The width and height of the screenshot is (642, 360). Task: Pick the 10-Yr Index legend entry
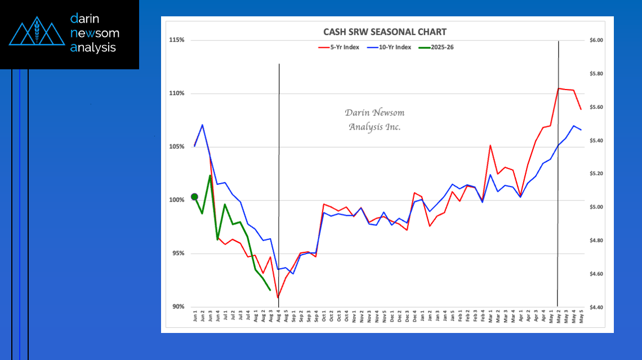pyautogui.click(x=393, y=47)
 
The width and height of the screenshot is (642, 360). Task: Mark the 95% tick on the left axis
pyautogui.click(x=178, y=254)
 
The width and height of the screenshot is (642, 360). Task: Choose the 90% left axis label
pyautogui.click(x=178, y=307)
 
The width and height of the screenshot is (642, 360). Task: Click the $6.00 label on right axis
pyautogui.click(x=596, y=41)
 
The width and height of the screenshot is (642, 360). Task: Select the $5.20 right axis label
pyautogui.click(x=596, y=174)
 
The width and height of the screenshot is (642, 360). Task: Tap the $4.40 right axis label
pyautogui.click(x=596, y=308)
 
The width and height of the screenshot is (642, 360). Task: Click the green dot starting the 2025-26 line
pyautogui.click(x=195, y=197)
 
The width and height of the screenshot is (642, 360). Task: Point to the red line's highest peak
pyautogui.click(x=558, y=88)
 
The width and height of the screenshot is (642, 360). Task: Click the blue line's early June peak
pyautogui.click(x=202, y=125)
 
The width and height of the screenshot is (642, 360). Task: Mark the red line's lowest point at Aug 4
pyautogui.click(x=278, y=297)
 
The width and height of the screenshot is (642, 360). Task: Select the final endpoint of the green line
pyautogui.click(x=270, y=290)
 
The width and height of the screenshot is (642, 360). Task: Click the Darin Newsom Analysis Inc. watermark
pyautogui.click(x=374, y=120)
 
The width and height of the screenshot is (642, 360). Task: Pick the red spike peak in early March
pyautogui.click(x=490, y=145)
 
